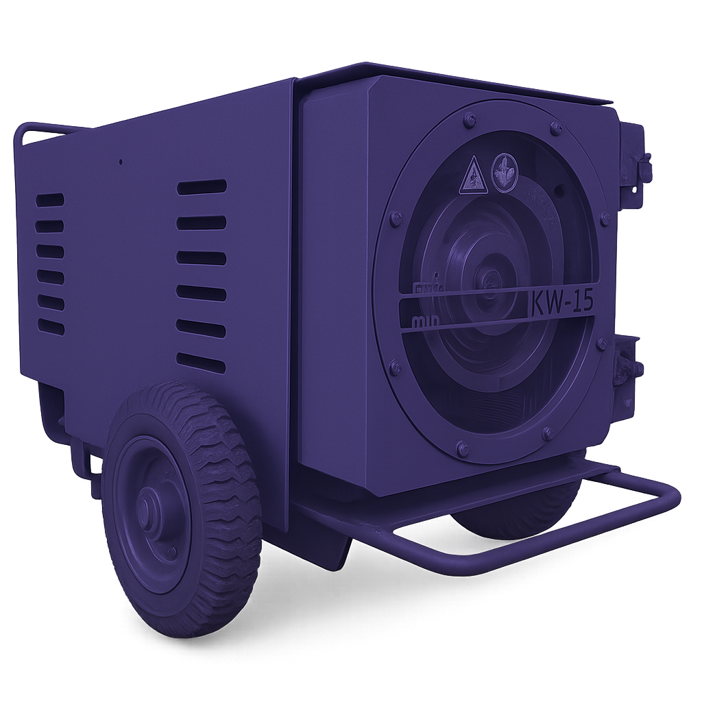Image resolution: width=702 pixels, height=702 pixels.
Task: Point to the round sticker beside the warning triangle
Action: [505, 171]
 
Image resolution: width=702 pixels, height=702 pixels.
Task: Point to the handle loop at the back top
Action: [41, 130]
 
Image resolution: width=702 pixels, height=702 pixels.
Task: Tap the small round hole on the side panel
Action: [121, 162]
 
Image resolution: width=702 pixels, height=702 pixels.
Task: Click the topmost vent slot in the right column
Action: [202, 187]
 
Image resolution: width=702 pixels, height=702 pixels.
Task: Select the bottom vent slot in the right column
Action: [201, 363]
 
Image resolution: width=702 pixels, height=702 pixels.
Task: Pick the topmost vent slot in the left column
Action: [50, 199]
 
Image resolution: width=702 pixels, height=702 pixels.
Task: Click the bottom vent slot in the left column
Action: [51, 327]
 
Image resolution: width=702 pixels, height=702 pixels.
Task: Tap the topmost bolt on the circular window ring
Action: [469, 121]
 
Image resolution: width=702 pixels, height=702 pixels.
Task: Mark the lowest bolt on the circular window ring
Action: [462, 449]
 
